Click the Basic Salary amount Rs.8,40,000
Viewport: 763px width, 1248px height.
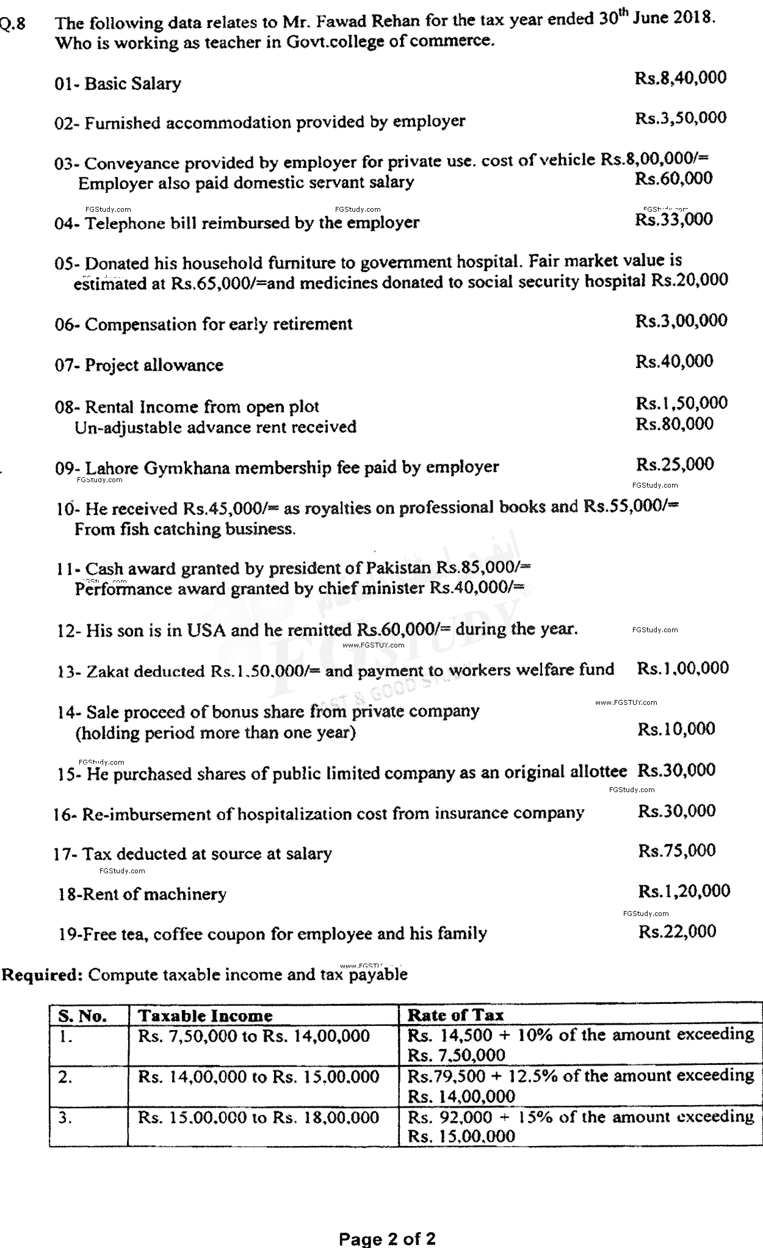click(681, 78)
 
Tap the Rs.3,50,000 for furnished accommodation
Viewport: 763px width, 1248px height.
click(681, 118)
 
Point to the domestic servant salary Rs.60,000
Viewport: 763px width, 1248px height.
click(673, 179)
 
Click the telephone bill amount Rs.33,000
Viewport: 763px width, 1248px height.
click(673, 219)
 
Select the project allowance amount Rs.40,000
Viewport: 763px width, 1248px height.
click(674, 361)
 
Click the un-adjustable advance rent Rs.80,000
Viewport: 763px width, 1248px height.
click(674, 424)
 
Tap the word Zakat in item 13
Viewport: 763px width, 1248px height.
click(106, 671)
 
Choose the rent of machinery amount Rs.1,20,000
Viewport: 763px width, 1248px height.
click(684, 891)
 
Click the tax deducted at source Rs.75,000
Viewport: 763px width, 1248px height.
click(676, 851)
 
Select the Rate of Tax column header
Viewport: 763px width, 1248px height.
click(455, 1015)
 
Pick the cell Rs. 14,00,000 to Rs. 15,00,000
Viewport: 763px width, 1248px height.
click(259, 1077)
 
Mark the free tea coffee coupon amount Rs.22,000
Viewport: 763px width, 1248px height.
click(677, 932)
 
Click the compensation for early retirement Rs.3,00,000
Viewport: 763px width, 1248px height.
click(681, 321)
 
